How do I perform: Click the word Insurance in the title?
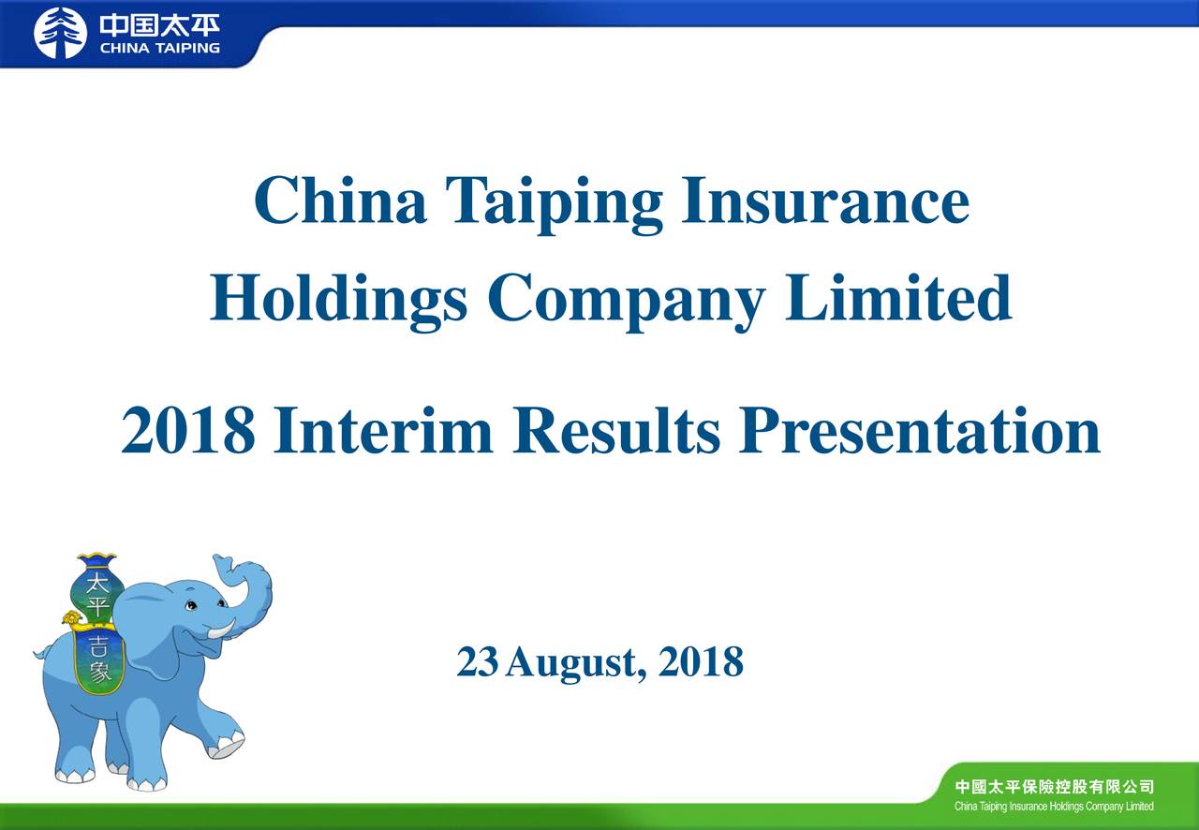tap(824, 200)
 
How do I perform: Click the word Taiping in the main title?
tap(554, 202)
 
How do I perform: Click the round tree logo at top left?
tap(60, 34)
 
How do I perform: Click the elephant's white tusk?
tap(221, 630)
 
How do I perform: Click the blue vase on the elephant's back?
tap(96, 585)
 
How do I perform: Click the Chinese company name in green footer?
tap(1054, 786)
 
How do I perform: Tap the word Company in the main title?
tap(626, 300)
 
